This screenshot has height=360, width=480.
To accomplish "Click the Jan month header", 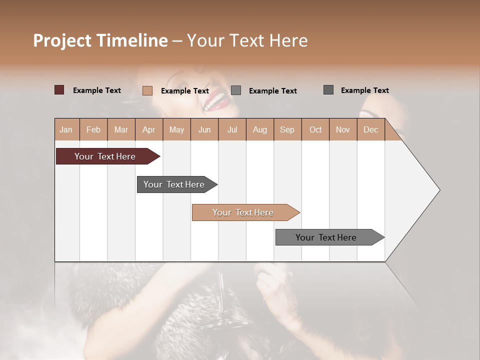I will pyautogui.click(x=66, y=129).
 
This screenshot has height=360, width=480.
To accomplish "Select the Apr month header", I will pyautogui.click(x=148, y=129).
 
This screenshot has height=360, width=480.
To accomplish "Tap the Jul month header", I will pyautogui.click(x=232, y=129).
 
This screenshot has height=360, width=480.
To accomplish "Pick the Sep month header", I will pyautogui.click(x=287, y=129).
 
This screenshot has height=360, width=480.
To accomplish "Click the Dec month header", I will pyautogui.click(x=370, y=129).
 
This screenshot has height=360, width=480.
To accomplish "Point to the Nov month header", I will pyautogui.click(x=342, y=129).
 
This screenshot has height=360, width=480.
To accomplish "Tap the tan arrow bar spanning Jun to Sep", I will pyautogui.click(x=243, y=212).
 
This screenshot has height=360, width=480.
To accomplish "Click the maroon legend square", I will pyautogui.click(x=59, y=90).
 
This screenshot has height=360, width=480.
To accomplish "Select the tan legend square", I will pyautogui.click(x=147, y=90).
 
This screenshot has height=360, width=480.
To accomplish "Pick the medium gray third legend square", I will pyautogui.click(x=236, y=90).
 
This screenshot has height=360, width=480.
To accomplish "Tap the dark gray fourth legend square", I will pyautogui.click(x=328, y=90).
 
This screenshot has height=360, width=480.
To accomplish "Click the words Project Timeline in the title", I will pyautogui.click(x=100, y=40).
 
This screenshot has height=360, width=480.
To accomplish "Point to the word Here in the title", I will pyautogui.click(x=288, y=40).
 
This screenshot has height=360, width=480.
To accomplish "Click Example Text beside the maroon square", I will pyautogui.click(x=97, y=90).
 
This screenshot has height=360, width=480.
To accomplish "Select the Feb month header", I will pyautogui.click(x=93, y=129).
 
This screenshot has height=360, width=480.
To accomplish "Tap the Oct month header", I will pyautogui.click(x=315, y=129).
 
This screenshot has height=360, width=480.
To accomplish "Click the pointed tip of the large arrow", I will pyautogui.click(x=438, y=190).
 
